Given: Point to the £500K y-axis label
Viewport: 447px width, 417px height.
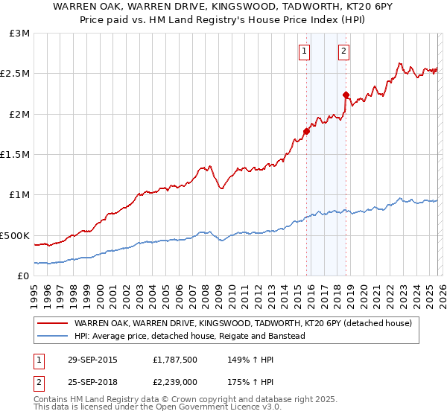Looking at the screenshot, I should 14,235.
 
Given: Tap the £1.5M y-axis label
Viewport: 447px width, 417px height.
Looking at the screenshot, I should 15,155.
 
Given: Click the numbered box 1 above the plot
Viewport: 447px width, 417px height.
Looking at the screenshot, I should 305,51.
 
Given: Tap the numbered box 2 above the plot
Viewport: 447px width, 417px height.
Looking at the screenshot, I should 344,51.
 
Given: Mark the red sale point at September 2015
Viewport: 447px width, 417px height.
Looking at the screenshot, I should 306,131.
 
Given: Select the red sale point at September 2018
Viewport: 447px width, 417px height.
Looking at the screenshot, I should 346,95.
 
